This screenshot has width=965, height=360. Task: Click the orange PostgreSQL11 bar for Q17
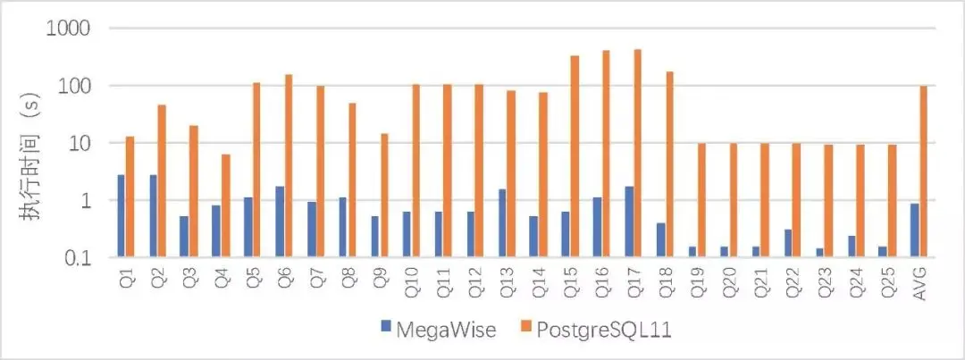[637, 154]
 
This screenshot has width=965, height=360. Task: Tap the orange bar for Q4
[226, 205]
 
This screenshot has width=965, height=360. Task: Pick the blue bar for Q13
[502, 223]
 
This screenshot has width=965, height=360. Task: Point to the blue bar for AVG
[914, 230]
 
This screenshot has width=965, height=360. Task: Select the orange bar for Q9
[385, 196]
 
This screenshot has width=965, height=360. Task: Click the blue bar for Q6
[280, 222]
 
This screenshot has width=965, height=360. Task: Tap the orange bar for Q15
[575, 156]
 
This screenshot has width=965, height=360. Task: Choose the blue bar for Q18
[661, 240]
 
